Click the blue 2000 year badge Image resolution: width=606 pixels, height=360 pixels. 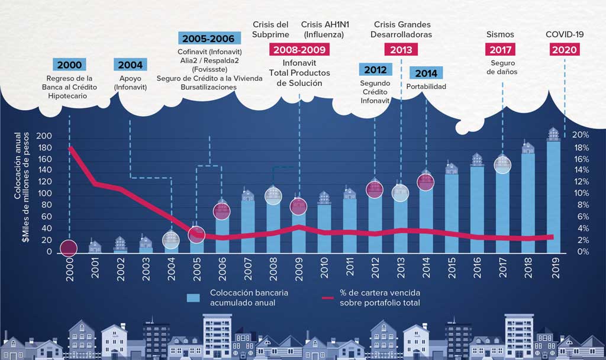pos(69,65)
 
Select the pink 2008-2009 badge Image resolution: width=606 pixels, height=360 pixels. pos(299,50)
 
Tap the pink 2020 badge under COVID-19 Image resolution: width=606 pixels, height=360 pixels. pos(565,50)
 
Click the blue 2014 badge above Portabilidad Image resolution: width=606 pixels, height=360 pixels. pos(426,73)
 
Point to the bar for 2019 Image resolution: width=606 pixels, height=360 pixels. pos(553,195)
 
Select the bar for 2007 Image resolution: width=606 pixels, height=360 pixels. pos(247,225)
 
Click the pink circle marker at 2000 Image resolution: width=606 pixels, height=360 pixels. pos(69,248)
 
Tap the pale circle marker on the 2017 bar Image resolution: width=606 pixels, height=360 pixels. pos(502,164)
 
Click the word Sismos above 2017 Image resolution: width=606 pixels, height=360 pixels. pos(500,35)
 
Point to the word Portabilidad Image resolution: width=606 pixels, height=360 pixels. pos(426,86)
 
